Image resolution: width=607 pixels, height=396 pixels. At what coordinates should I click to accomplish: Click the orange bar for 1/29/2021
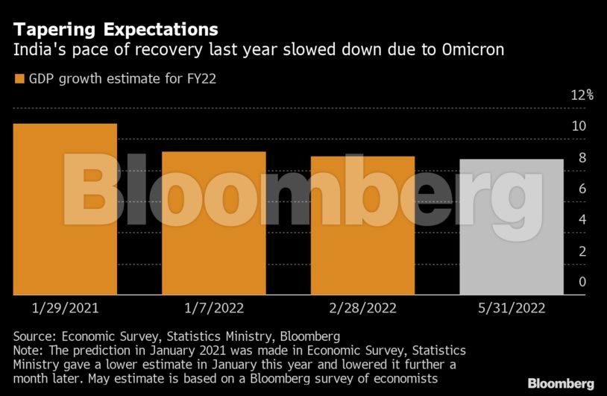coord(65,209)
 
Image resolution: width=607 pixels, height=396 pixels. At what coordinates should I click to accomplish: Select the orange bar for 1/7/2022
coord(214,223)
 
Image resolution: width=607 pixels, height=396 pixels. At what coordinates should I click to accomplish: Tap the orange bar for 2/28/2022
coord(362,225)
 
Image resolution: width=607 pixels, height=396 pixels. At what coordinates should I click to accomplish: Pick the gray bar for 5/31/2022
coord(512,227)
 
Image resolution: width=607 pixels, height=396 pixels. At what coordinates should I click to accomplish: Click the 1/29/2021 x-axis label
coord(66,307)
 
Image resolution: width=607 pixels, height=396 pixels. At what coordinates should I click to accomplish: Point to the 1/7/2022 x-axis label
coord(214,307)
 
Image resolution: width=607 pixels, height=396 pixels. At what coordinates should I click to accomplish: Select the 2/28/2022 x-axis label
coord(362,307)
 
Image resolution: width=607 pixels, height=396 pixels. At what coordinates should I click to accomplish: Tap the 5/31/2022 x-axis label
coord(512,307)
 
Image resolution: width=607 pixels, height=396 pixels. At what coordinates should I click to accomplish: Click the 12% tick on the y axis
coord(582,95)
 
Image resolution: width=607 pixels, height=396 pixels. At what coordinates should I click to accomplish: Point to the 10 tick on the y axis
coord(579,126)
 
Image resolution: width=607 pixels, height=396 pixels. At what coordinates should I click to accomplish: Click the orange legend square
coord(19,78)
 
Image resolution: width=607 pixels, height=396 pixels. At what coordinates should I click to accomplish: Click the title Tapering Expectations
coord(116,30)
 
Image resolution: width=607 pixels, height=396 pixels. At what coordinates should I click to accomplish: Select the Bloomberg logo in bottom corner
coord(561,383)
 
